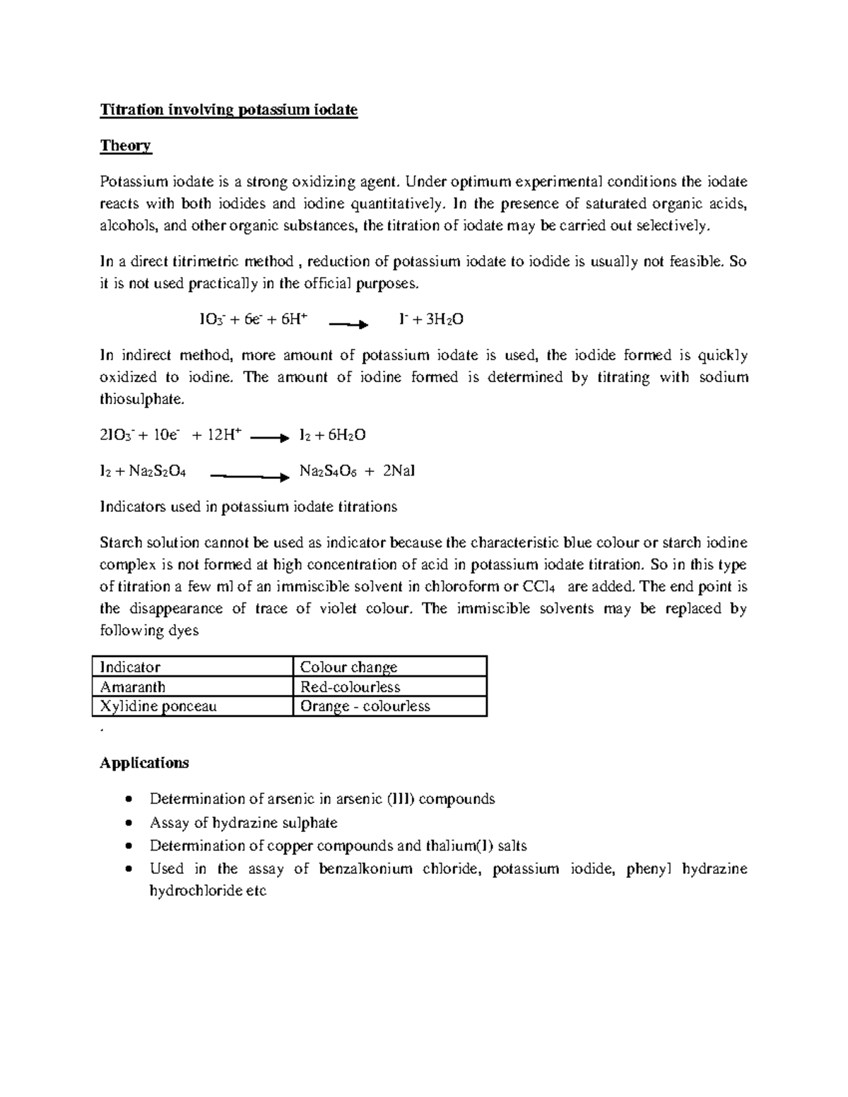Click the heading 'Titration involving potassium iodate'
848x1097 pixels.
point(229,110)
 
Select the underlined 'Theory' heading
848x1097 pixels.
point(126,146)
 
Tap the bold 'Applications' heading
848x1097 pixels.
point(144,763)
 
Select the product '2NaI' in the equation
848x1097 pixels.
point(399,471)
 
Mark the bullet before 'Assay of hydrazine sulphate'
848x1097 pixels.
point(127,823)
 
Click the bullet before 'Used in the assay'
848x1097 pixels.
point(127,870)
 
